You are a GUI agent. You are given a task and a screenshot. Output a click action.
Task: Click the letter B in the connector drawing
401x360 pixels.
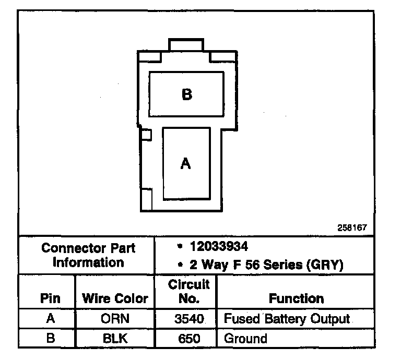tap(186, 94)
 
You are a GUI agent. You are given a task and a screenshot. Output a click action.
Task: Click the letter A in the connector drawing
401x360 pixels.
tap(185, 163)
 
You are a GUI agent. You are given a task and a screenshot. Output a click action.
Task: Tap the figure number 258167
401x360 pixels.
tap(353, 228)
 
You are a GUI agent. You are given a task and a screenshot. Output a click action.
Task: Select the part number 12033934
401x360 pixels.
tap(219, 246)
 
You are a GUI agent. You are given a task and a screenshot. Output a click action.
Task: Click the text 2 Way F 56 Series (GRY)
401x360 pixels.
tap(266, 265)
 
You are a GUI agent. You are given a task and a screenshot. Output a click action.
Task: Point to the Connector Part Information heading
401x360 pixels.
tap(88, 255)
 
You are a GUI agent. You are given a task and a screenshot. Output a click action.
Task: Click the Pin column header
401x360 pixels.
tap(50, 298)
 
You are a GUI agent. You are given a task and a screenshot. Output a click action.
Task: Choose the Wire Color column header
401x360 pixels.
tap(115, 298)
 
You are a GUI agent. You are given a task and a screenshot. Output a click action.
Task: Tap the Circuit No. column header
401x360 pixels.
tap(188, 291)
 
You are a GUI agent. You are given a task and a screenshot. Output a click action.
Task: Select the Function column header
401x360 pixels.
tap(296, 298)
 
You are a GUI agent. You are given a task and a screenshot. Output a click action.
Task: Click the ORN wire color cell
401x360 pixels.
tap(114, 318)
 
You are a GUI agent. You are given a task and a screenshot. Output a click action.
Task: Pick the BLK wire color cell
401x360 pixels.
tap(114, 338)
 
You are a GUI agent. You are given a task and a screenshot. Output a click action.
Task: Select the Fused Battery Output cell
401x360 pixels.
tap(287, 318)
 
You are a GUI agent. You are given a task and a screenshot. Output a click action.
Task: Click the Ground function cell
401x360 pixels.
tap(245, 338)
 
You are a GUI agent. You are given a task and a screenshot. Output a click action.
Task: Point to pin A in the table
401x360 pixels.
tap(50, 318)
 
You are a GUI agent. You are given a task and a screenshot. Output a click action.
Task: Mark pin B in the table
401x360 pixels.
tap(50, 338)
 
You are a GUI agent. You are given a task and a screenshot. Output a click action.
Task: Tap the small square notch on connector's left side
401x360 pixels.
tap(147, 135)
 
